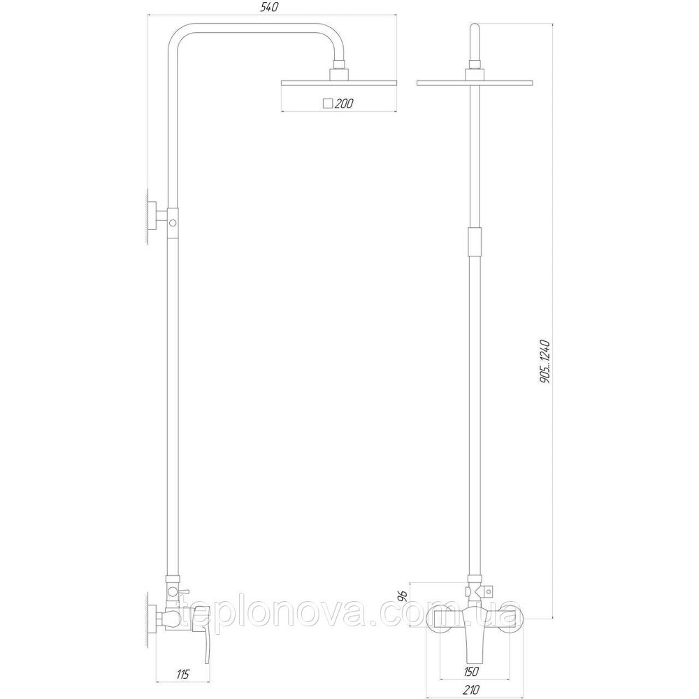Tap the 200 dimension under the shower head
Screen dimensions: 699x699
coord(344,103)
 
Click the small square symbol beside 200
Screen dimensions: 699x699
coord(327,103)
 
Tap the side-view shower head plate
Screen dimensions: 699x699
coord(338,82)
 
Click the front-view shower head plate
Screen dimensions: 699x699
coord(475,84)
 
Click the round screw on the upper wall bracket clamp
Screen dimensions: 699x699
coord(172,223)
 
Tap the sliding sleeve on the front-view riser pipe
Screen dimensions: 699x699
coord(475,244)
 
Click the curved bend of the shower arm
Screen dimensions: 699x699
coord(183,37)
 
